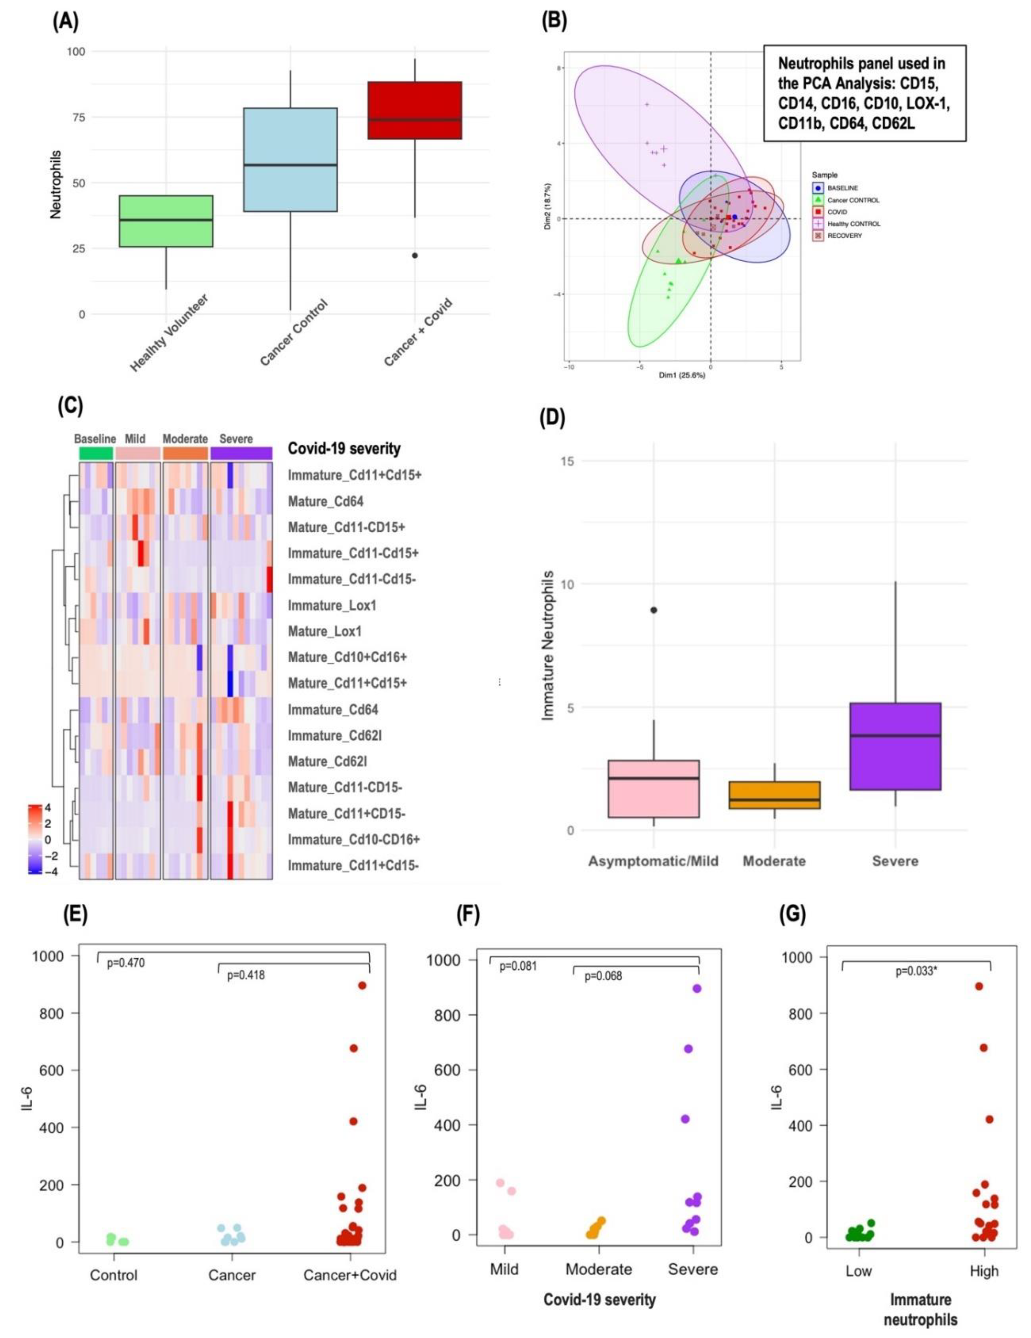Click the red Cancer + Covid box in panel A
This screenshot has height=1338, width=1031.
414,110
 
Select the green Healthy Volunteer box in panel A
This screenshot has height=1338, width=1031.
166,221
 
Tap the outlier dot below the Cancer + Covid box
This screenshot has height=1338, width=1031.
415,256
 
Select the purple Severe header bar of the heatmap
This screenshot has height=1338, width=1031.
241,453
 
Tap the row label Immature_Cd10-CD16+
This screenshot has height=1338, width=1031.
354,839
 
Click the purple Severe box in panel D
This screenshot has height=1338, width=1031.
895,746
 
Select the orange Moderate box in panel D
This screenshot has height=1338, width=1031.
774,795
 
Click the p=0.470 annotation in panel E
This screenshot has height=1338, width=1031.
126,963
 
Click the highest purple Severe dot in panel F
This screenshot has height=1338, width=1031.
697,988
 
